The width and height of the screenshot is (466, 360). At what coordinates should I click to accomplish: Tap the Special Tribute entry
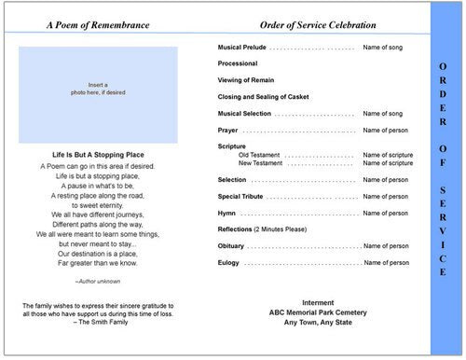click(x=240, y=196)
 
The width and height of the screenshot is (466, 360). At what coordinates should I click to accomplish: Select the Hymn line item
click(x=226, y=213)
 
